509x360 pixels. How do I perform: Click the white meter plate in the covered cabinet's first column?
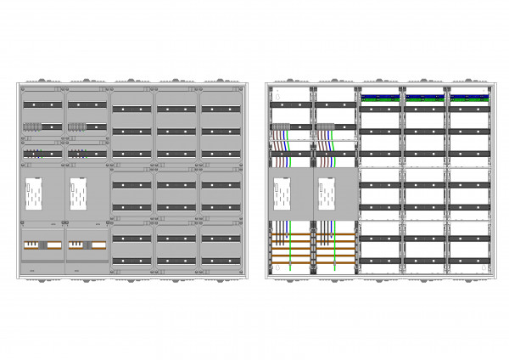pyautogui.click(x=34, y=194)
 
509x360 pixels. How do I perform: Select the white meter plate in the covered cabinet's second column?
pyautogui.click(x=79, y=194)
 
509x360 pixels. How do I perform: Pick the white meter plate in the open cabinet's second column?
pyautogui.click(x=327, y=194)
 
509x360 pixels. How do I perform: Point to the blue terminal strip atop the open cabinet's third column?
pyautogui.click(x=381, y=97)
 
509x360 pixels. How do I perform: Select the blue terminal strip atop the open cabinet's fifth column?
pyautogui.click(x=469, y=97)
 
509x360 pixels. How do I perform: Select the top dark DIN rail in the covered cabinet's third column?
pyautogui.click(x=131, y=109)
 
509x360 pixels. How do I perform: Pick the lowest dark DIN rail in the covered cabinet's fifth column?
pyautogui.click(x=221, y=261)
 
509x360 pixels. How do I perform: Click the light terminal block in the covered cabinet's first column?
pyautogui.click(x=32, y=127)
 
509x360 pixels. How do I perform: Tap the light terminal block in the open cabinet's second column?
pyautogui.click(x=325, y=128)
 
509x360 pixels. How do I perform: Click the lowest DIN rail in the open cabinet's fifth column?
pyautogui.click(x=469, y=261)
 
